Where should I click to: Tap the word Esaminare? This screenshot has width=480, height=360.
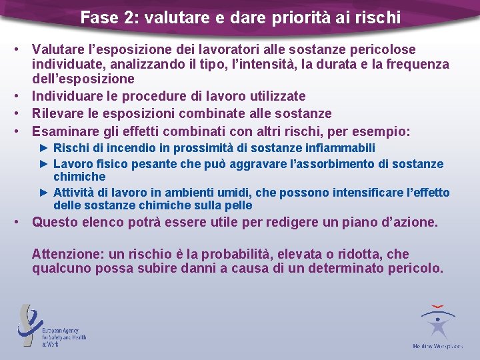point(64,131)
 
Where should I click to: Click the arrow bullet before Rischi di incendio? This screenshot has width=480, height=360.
point(45,147)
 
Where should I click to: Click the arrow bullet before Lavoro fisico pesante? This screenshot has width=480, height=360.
point(45,163)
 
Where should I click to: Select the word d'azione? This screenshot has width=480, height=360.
point(407,222)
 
